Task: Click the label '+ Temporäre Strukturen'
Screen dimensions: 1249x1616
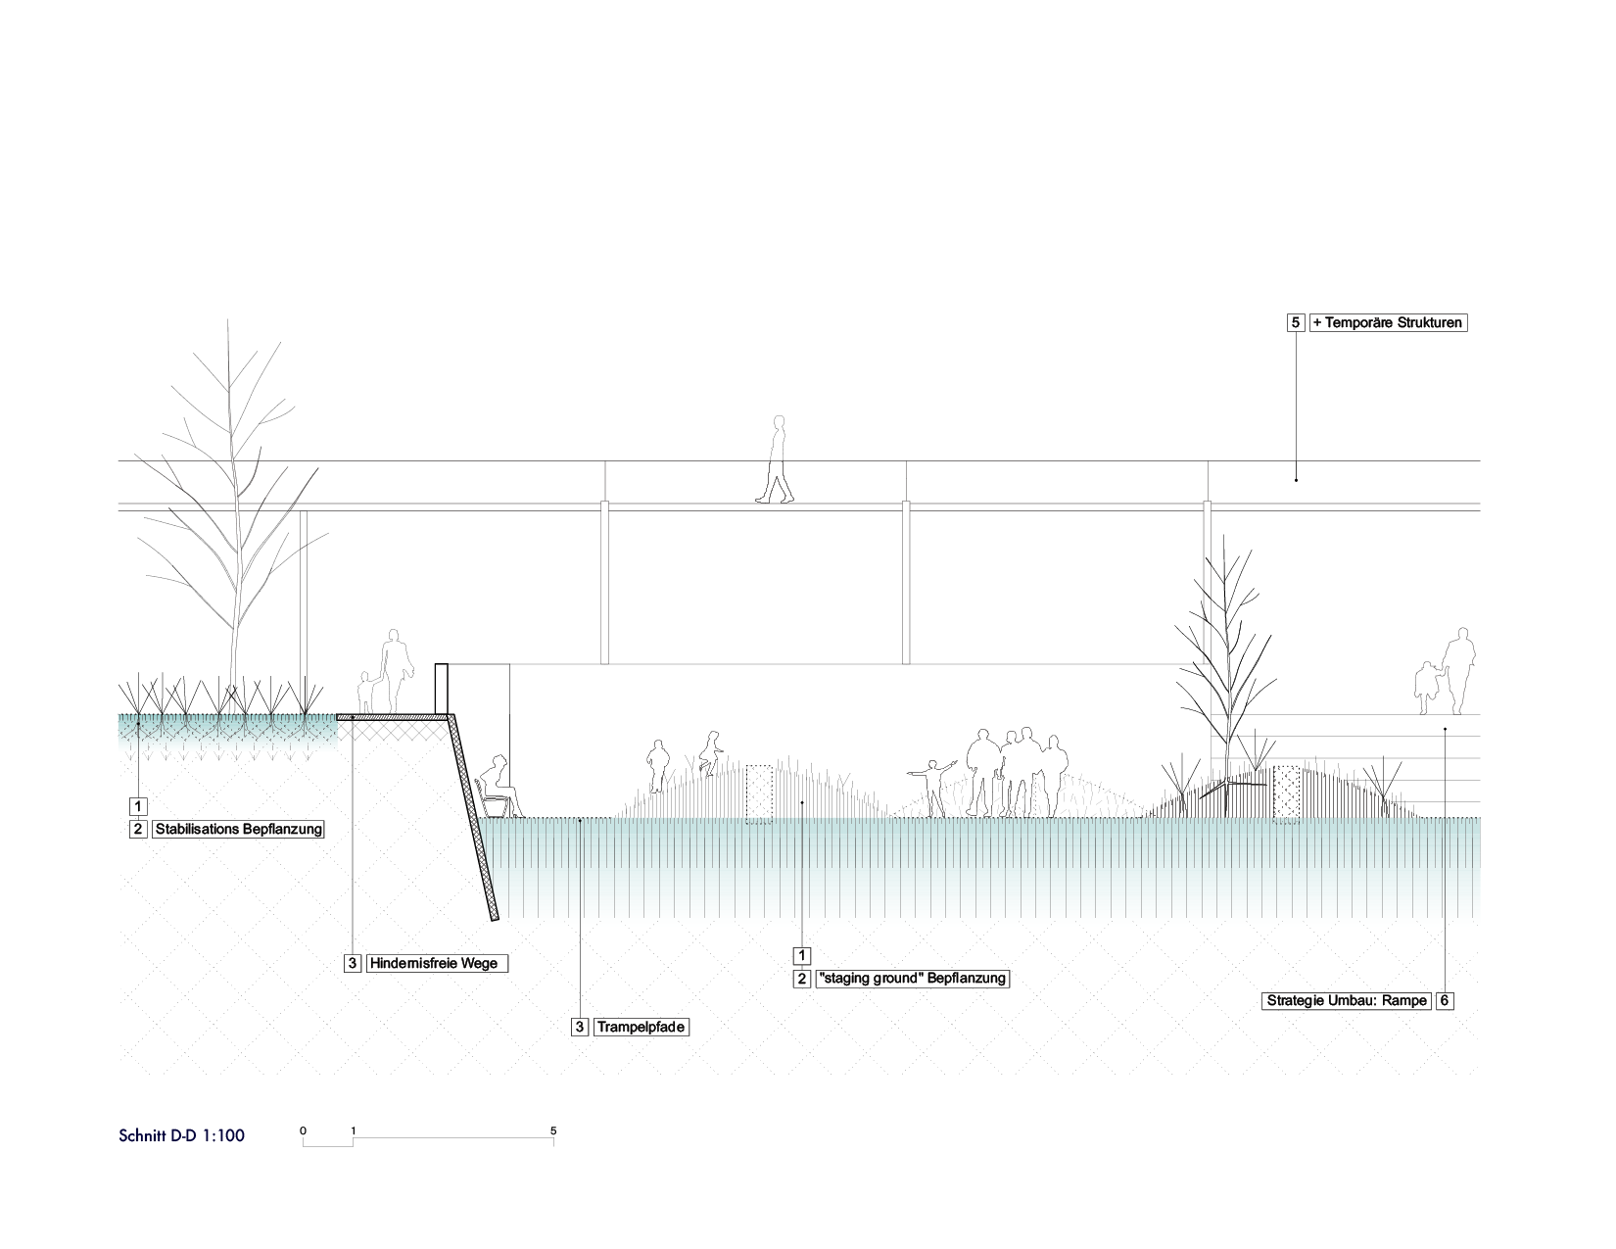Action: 1388,322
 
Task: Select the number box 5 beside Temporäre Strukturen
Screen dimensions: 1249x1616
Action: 1296,322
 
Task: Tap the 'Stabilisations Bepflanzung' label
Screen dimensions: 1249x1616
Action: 239,830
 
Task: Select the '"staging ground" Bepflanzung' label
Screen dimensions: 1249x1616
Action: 912,979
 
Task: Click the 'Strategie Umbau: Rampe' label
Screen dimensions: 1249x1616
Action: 1347,1001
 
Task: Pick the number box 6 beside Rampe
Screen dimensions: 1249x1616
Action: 1445,1001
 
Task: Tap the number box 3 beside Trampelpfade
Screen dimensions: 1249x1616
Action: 581,1028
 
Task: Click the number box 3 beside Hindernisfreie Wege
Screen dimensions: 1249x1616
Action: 353,964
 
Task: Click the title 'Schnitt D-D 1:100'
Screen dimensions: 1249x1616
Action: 182,1136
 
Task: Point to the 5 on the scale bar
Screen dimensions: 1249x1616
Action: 553,1130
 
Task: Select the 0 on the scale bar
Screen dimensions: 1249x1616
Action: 303,1130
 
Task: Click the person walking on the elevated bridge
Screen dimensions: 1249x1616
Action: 778,460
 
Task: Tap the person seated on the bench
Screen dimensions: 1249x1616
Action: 499,784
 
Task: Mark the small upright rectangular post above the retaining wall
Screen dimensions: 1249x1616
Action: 442,690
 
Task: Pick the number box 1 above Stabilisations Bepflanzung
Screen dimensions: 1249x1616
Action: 138,806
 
